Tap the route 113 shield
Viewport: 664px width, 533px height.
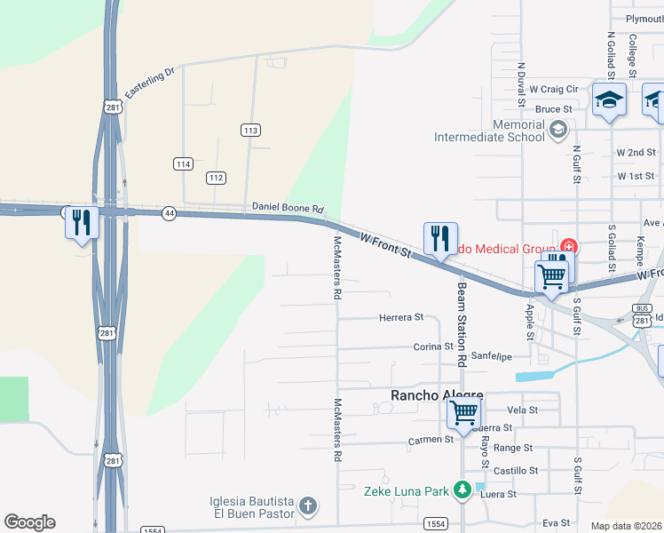point(250,131)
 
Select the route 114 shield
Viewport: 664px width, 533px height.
point(183,163)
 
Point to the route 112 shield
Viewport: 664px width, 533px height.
point(216,178)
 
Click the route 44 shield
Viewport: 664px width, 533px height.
point(169,213)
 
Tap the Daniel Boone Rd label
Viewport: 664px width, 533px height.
point(289,207)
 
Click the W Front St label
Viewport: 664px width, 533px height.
point(387,245)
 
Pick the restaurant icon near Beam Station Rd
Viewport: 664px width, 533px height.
point(440,237)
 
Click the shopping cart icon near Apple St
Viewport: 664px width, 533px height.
point(551,276)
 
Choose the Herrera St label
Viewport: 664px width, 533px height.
point(401,317)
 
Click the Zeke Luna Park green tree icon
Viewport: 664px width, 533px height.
point(462,489)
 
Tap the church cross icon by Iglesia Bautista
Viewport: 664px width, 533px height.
point(307,506)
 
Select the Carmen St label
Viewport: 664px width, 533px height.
point(431,440)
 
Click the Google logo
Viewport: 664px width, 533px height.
point(29,522)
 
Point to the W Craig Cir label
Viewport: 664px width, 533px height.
point(553,90)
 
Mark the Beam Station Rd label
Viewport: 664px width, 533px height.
point(462,324)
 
